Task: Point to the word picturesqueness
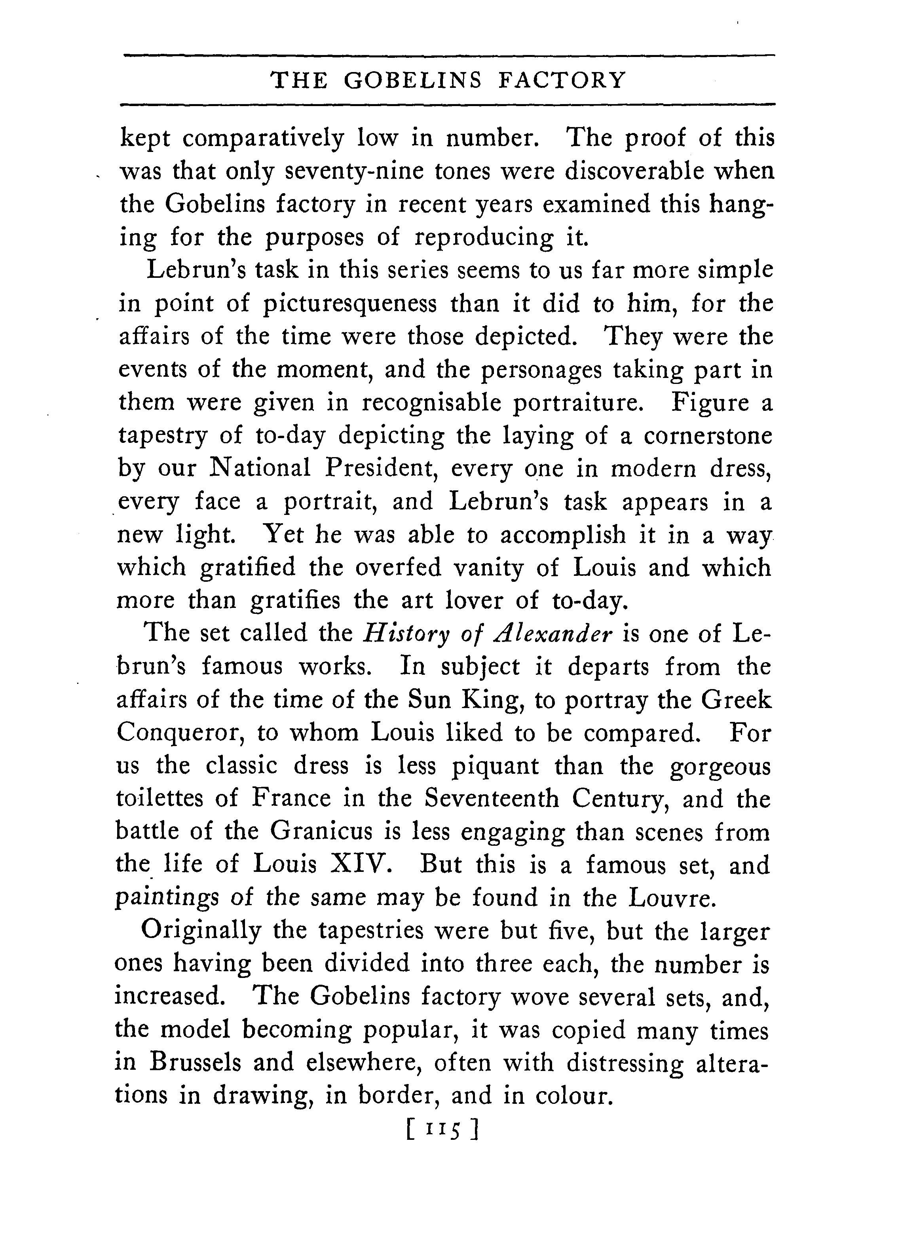point(349,304)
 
